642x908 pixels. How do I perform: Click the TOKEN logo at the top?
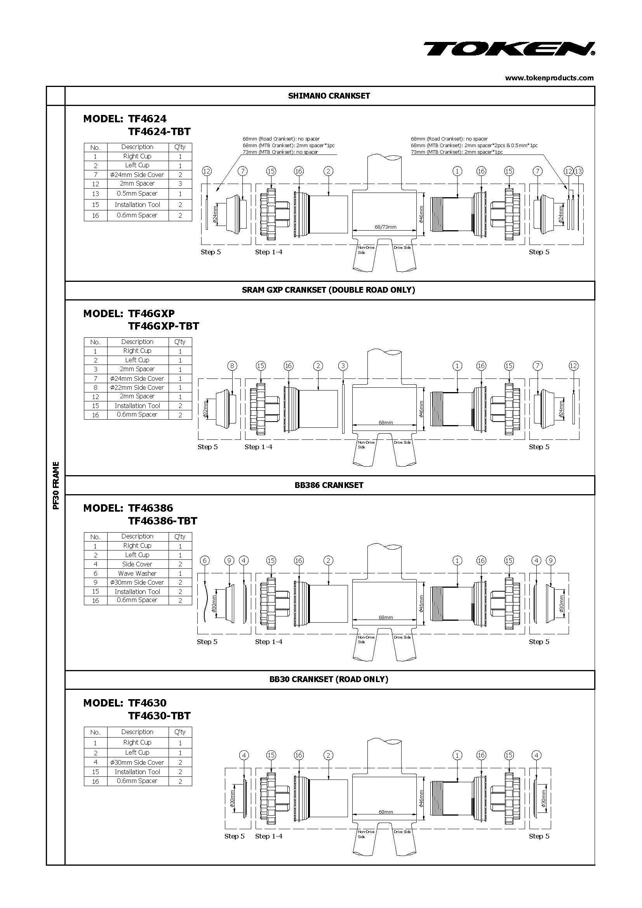tap(509, 49)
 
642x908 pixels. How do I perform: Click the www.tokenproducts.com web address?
tap(549, 78)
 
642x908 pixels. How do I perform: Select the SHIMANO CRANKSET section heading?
tap(329, 96)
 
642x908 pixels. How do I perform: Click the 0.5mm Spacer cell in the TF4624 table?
tap(137, 194)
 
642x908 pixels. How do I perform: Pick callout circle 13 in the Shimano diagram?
tap(578, 171)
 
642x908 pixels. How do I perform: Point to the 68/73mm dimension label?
tap(385, 227)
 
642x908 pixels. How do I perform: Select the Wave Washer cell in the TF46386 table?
tap(137, 573)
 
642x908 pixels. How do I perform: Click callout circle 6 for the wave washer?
tap(205, 561)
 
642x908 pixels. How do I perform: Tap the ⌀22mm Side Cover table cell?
tap(137, 387)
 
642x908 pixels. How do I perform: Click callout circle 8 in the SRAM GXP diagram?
tap(232, 366)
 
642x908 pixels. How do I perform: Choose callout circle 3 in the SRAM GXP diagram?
tap(343, 366)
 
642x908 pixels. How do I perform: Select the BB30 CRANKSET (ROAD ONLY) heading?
tap(329, 679)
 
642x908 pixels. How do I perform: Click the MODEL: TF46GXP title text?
tap(129, 314)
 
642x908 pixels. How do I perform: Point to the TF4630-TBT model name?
tap(159, 716)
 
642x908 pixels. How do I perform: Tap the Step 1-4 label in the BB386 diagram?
tap(269, 641)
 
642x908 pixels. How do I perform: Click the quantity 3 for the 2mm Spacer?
tap(180, 184)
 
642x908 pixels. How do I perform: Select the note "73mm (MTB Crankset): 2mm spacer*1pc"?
tap(456, 152)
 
